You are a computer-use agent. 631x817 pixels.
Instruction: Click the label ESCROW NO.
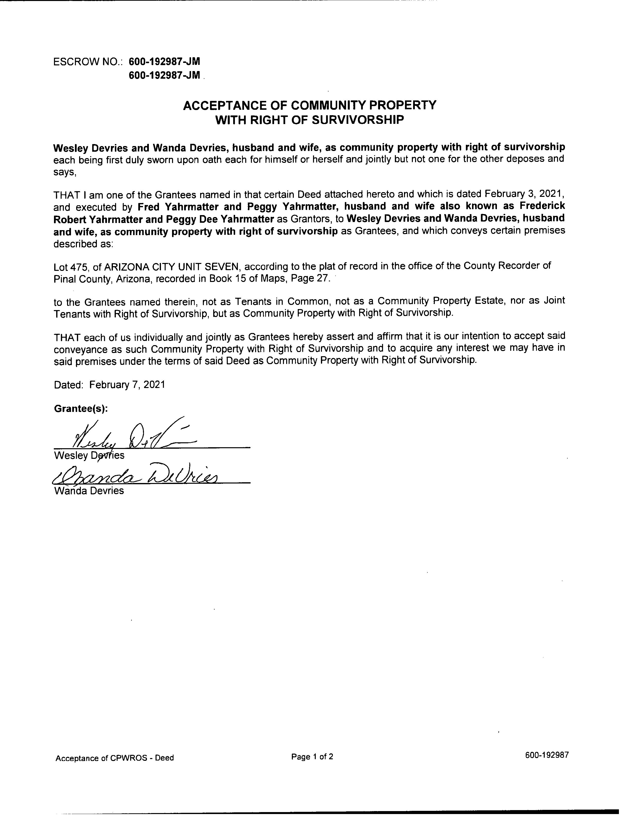tap(88, 62)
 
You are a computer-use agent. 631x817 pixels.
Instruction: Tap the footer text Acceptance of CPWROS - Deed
tap(115, 758)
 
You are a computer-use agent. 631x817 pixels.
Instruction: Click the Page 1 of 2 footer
tap(312, 757)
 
